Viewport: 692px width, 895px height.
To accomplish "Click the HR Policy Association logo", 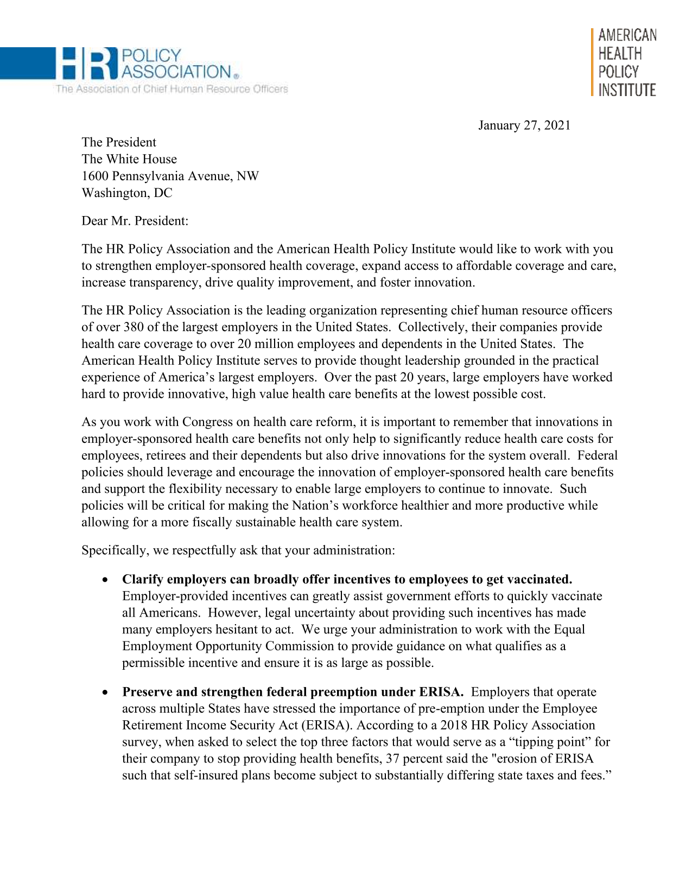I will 147,64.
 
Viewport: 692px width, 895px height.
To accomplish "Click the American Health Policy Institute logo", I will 626,62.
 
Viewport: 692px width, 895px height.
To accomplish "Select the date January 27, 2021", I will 524,125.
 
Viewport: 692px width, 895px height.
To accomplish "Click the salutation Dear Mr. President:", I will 135,221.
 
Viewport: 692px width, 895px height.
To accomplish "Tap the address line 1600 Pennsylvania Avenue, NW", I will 170,176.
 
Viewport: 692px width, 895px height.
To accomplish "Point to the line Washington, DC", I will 126,193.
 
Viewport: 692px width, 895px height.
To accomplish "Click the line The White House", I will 129,159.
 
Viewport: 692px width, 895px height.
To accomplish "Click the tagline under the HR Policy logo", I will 171,89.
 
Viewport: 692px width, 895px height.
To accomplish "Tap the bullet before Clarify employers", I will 105,580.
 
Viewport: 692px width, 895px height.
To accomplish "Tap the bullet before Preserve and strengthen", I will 105,693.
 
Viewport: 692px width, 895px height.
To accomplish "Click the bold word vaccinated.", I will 539,579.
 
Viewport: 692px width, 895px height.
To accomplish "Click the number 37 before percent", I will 392,759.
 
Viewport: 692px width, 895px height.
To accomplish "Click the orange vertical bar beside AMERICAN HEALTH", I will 592,62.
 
